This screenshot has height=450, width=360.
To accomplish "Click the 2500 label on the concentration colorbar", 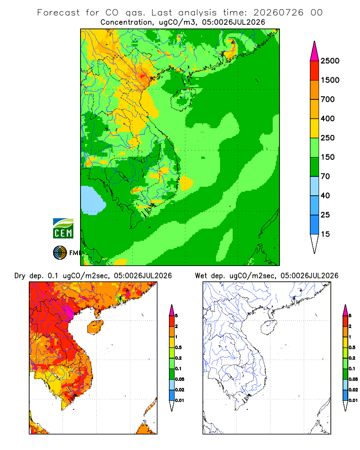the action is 330,61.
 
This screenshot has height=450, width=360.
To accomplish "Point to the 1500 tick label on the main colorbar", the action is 330,80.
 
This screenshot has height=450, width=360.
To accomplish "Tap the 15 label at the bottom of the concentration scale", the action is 325,234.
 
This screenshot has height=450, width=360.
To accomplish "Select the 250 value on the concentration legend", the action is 328,138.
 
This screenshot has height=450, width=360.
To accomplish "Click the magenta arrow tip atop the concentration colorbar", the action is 315,52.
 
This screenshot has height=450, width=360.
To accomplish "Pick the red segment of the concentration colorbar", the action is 315,71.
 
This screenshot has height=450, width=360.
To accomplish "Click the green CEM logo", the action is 63,229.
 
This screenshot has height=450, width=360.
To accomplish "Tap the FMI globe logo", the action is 60,253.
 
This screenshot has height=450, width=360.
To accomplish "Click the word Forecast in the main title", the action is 58,13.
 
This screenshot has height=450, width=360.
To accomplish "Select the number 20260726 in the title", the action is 278,13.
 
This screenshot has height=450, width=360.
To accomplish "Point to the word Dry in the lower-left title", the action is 20,276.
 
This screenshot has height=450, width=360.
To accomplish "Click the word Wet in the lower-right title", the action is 201,276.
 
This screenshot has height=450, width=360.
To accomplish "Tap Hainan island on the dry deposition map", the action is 95,327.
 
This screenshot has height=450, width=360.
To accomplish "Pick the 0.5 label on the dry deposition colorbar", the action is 178,347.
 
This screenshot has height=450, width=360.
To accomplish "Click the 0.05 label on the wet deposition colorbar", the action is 353,379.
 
